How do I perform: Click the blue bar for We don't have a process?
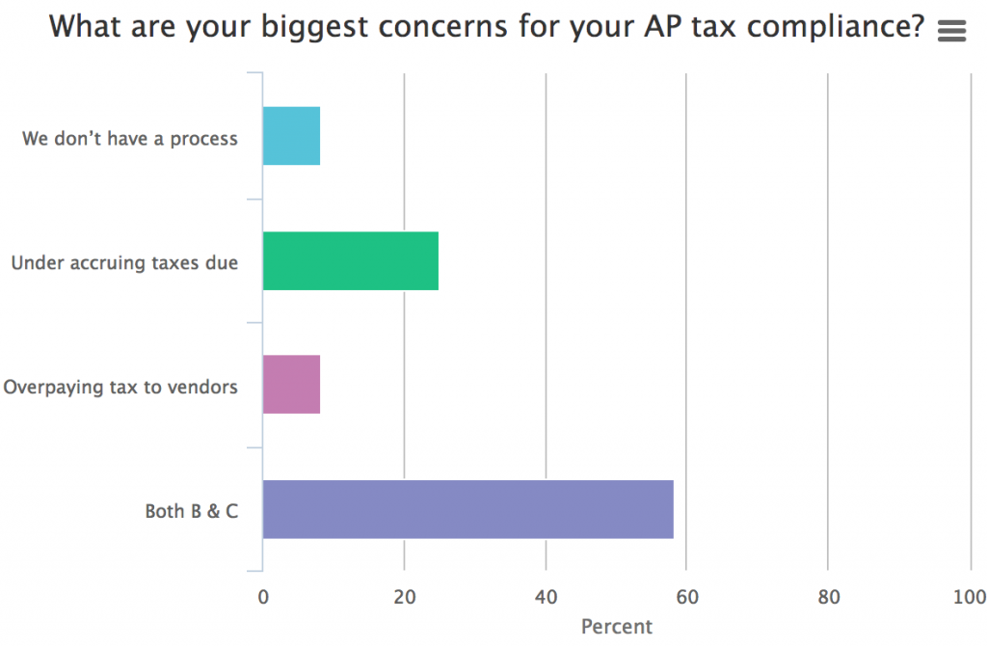tap(291, 136)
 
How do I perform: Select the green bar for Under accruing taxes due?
tap(350, 261)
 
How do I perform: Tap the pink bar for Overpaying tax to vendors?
tap(291, 386)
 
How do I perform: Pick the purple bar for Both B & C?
tap(467, 509)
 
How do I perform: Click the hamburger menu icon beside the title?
tap(950, 31)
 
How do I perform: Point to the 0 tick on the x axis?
tap(263, 597)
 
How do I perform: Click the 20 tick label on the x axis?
tap(404, 597)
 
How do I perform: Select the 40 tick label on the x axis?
tap(546, 597)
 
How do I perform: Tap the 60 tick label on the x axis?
tap(685, 597)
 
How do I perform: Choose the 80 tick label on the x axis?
tap(827, 597)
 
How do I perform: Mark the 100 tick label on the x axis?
tap(969, 597)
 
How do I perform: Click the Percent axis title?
tap(617, 627)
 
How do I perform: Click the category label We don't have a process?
tap(130, 138)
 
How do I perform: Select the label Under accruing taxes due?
tap(124, 262)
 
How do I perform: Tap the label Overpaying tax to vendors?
tap(120, 387)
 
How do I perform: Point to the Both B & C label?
tap(192, 511)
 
